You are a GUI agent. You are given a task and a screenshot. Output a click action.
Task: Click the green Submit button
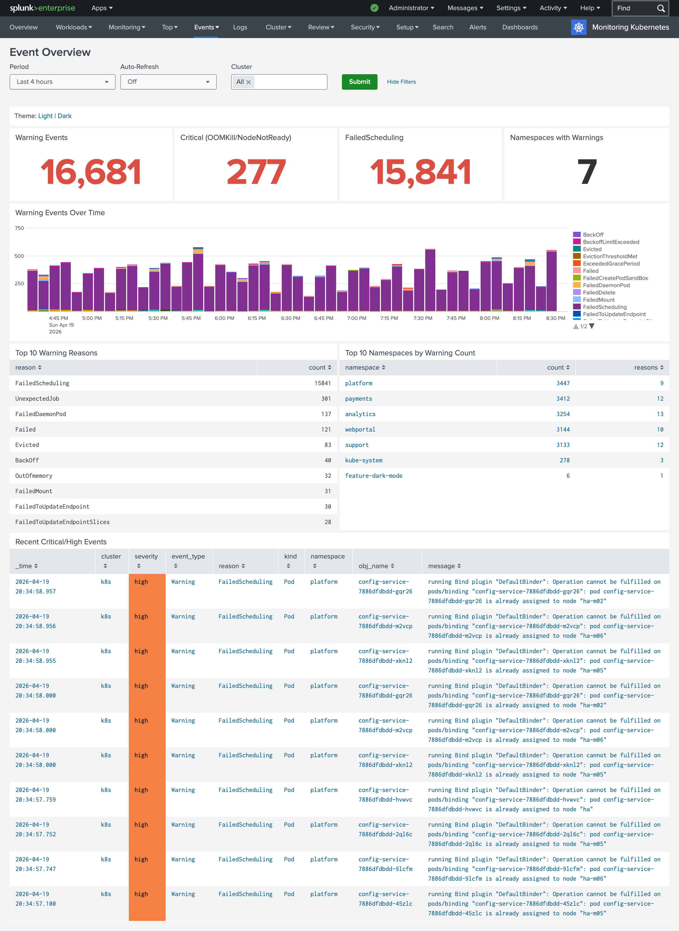click(359, 82)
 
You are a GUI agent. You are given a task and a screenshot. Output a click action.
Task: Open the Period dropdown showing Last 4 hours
click(62, 82)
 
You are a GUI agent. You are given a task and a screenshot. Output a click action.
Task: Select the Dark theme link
click(65, 116)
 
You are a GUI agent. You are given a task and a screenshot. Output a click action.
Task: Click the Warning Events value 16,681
click(91, 172)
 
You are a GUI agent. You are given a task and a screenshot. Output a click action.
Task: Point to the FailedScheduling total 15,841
click(420, 172)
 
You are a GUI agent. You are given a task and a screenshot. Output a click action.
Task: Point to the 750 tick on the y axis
click(19, 228)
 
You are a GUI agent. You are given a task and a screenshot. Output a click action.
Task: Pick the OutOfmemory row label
click(34, 476)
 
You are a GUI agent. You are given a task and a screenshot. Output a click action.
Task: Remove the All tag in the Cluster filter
click(248, 82)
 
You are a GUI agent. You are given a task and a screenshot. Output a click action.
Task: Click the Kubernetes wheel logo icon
click(578, 27)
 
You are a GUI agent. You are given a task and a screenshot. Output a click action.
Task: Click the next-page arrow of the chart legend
click(592, 326)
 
